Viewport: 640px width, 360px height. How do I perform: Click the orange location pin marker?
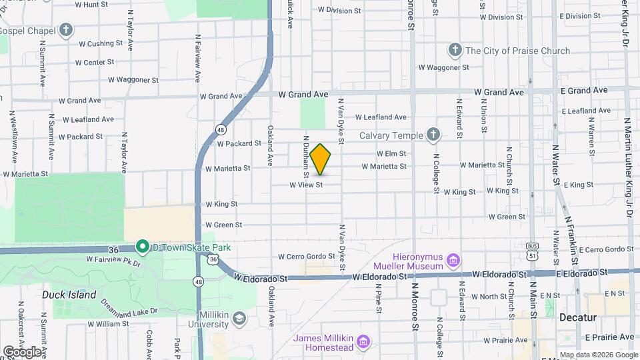coord(321,159)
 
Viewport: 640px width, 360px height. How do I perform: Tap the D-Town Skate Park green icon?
coord(142,247)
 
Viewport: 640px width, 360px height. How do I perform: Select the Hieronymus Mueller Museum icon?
coord(453,259)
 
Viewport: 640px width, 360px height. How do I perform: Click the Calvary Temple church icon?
coord(433,135)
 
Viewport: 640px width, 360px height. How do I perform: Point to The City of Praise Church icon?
coord(455,50)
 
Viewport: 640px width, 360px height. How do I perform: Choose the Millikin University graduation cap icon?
coord(238,319)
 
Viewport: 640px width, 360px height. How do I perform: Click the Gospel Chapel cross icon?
coord(65,29)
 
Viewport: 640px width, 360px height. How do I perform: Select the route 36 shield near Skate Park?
coord(213,259)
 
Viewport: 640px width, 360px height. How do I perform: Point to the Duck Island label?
coord(69,295)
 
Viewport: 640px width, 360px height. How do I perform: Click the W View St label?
coord(306,185)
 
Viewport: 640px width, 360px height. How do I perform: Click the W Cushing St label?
coord(101,44)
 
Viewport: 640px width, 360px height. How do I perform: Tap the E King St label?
coord(578,185)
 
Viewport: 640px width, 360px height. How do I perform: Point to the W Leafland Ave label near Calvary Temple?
coord(381,117)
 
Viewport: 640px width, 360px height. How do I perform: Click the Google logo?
coord(21,351)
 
